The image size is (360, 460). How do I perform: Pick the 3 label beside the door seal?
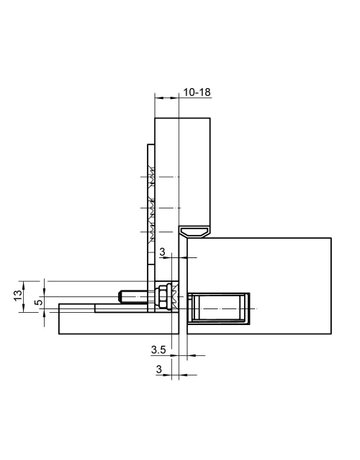tap(161, 253)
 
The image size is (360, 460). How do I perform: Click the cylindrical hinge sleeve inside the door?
tap(219, 310)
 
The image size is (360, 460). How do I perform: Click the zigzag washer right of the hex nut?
tap(174, 297)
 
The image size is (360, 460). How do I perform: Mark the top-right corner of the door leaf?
tap(332, 237)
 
